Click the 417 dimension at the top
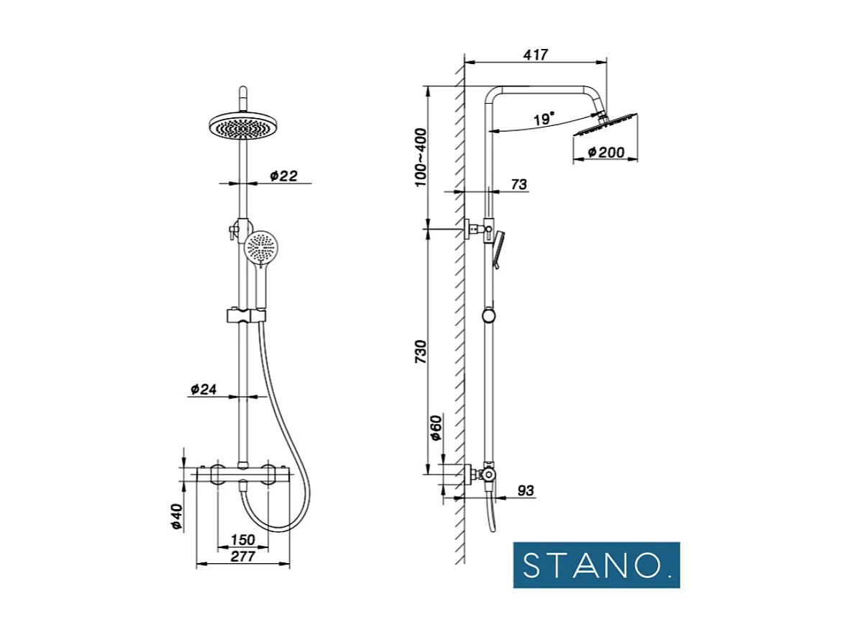click(x=536, y=55)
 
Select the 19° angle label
click(x=544, y=119)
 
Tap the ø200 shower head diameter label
click(x=605, y=152)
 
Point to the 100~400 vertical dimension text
click(x=421, y=157)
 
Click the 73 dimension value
click(x=518, y=184)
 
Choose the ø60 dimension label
click(x=434, y=428)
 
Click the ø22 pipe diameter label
click(x=283, y=176)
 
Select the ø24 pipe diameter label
click(x=204, y=389)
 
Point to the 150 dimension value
click(x=242, y=540)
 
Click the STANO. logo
click(x=596, y=565)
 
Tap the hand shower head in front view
click(x=260, y=248)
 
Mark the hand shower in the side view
click(x=498, y=248)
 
